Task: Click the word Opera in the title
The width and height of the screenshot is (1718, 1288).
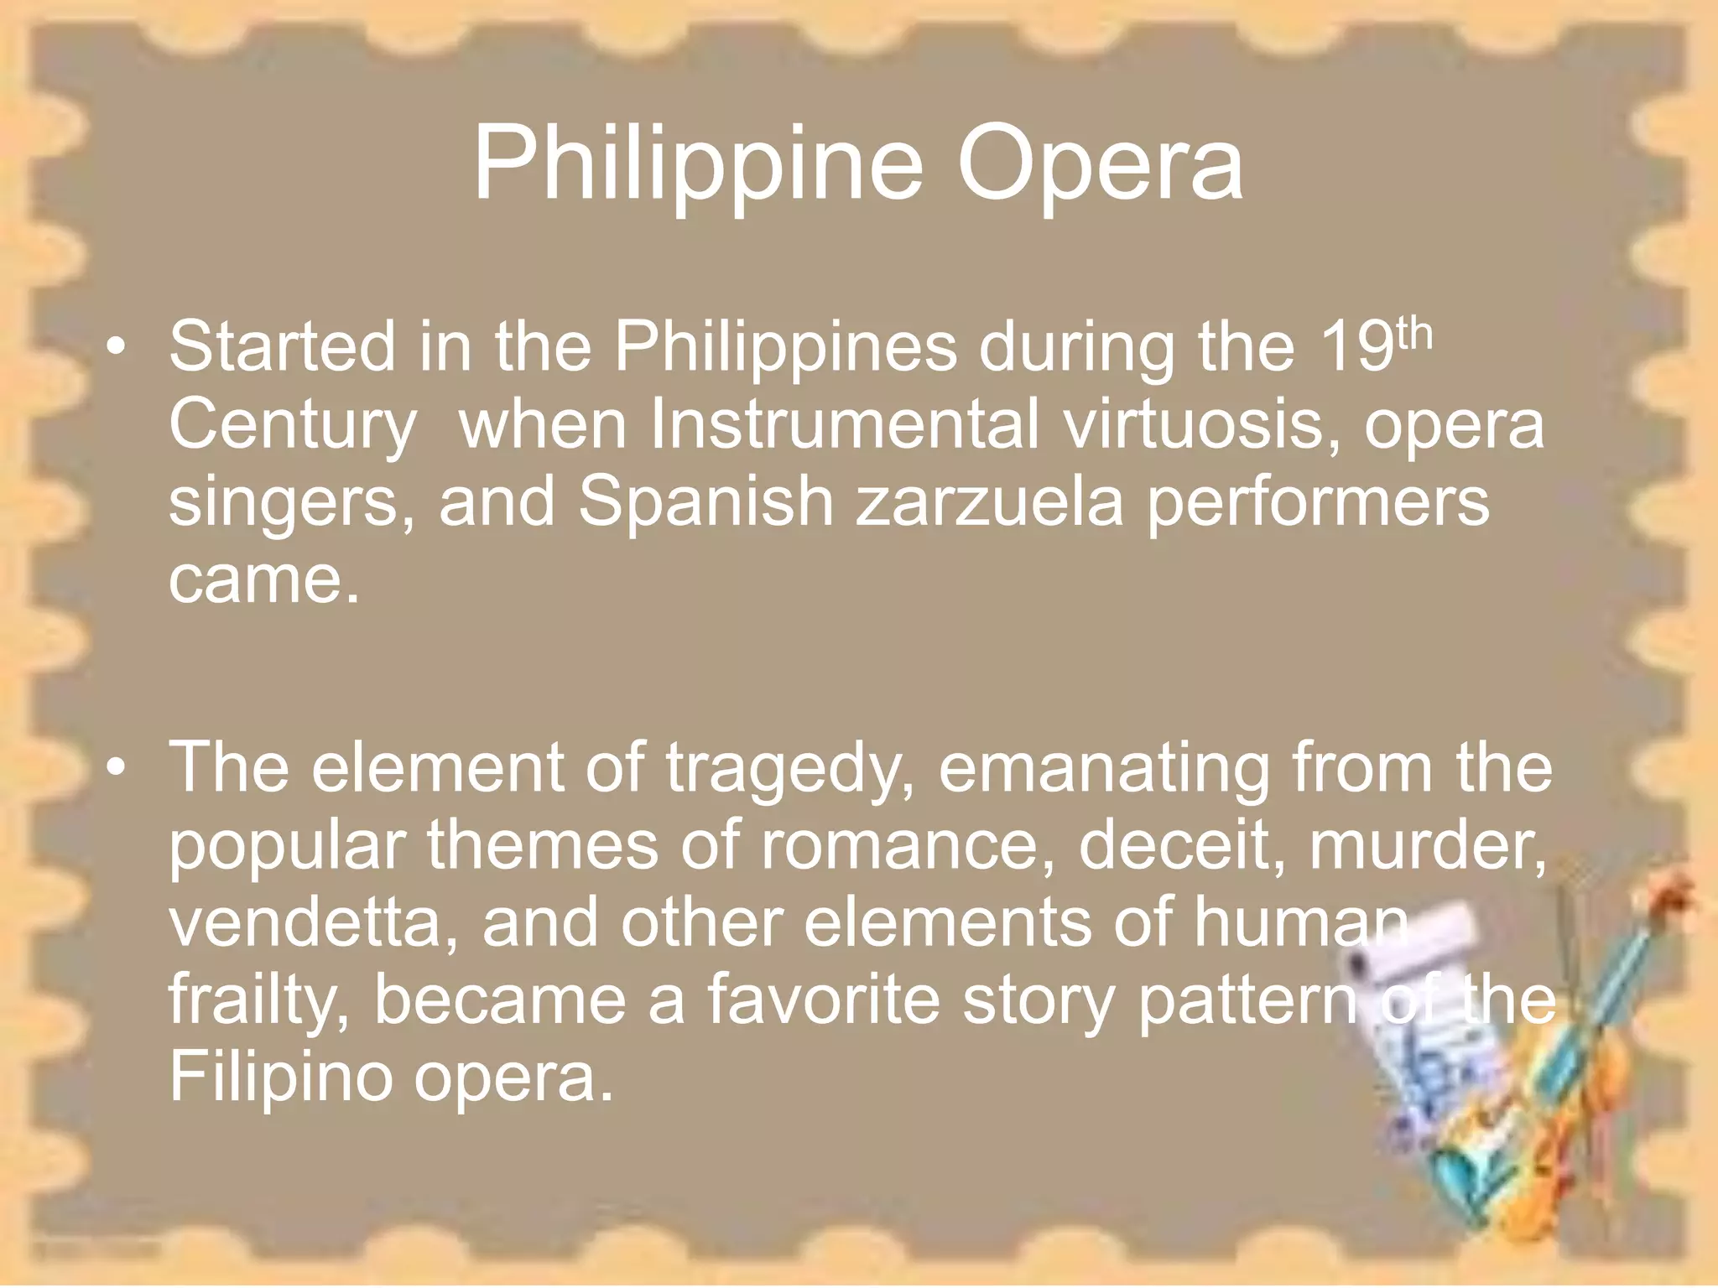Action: click(1100, 165)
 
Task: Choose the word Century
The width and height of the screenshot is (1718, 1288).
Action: click(292, 425)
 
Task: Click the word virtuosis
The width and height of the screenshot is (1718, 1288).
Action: click(1203, 423)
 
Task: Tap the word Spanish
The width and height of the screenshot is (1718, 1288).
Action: click(705, 501)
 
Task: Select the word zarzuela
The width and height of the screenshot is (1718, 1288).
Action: click(989, 501)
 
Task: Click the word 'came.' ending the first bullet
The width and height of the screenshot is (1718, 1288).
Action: click(263, 579)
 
